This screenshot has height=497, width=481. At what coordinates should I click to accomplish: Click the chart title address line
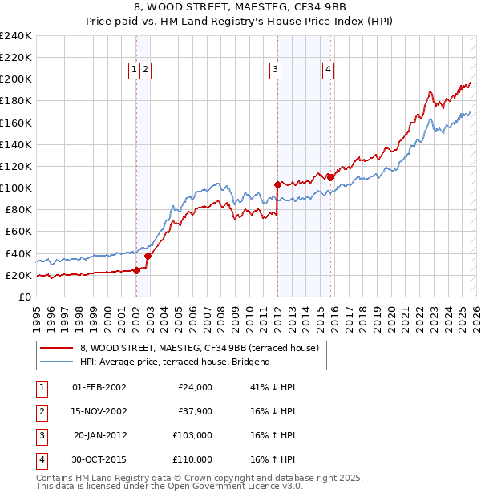(240, 9)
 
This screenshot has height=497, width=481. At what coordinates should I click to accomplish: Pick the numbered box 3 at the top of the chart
(275, 70)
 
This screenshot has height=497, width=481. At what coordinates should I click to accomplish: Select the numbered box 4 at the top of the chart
(329, 70)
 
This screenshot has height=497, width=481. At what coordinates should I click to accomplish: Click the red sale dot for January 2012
(277, 184)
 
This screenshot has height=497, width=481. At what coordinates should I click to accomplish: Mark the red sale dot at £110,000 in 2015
(330, 176)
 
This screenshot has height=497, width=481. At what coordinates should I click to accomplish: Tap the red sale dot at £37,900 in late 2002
(148, 256)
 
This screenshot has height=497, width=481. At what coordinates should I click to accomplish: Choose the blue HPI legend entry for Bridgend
(176, 362)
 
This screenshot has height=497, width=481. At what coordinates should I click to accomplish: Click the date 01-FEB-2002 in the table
(99, 387)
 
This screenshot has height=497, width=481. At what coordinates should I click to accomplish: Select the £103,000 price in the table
(192, 435)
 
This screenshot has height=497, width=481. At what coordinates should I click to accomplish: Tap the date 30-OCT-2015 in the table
(99, 459)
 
